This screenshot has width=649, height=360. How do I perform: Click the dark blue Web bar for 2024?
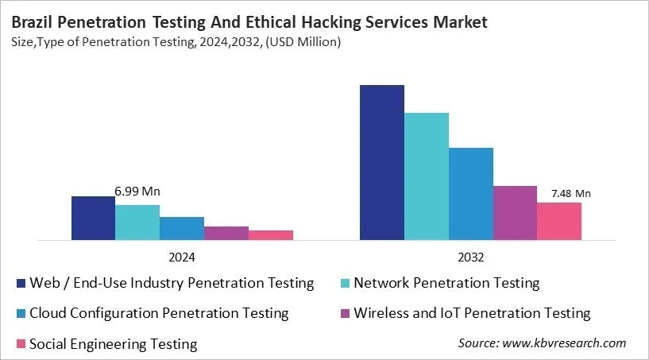tap(93, 218)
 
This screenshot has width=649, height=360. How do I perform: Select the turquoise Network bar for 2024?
tap(137, 222)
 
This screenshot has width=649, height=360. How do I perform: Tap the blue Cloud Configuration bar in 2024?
tap(182, 228)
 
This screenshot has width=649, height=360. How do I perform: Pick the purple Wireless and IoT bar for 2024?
tap(226, 233)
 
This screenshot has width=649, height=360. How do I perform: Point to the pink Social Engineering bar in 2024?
tap(271, 235)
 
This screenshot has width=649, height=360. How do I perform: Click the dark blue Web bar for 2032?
tap(382, 162)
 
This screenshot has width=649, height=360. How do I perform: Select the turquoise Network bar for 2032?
tap(427, 176)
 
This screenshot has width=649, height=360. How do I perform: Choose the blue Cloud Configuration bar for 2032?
tap(471, 193)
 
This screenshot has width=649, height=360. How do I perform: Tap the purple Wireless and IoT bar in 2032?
tap(516, 212)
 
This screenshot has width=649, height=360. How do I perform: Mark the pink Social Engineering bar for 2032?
tap(559, 221)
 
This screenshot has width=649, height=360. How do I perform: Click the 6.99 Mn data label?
tap(137, 192)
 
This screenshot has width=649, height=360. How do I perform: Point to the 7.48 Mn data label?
tap(571, 193)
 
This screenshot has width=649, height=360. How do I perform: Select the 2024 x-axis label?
tap(182, 257)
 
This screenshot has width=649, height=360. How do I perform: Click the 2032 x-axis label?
tap(471, 257)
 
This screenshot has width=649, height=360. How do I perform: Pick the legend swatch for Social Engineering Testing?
tap(20, 344)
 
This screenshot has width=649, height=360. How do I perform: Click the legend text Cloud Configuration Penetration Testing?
tap(159, 313)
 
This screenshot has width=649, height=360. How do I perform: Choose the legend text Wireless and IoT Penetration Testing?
tap(472, 313)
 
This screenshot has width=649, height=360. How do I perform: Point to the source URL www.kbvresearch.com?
tap(565, 343)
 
